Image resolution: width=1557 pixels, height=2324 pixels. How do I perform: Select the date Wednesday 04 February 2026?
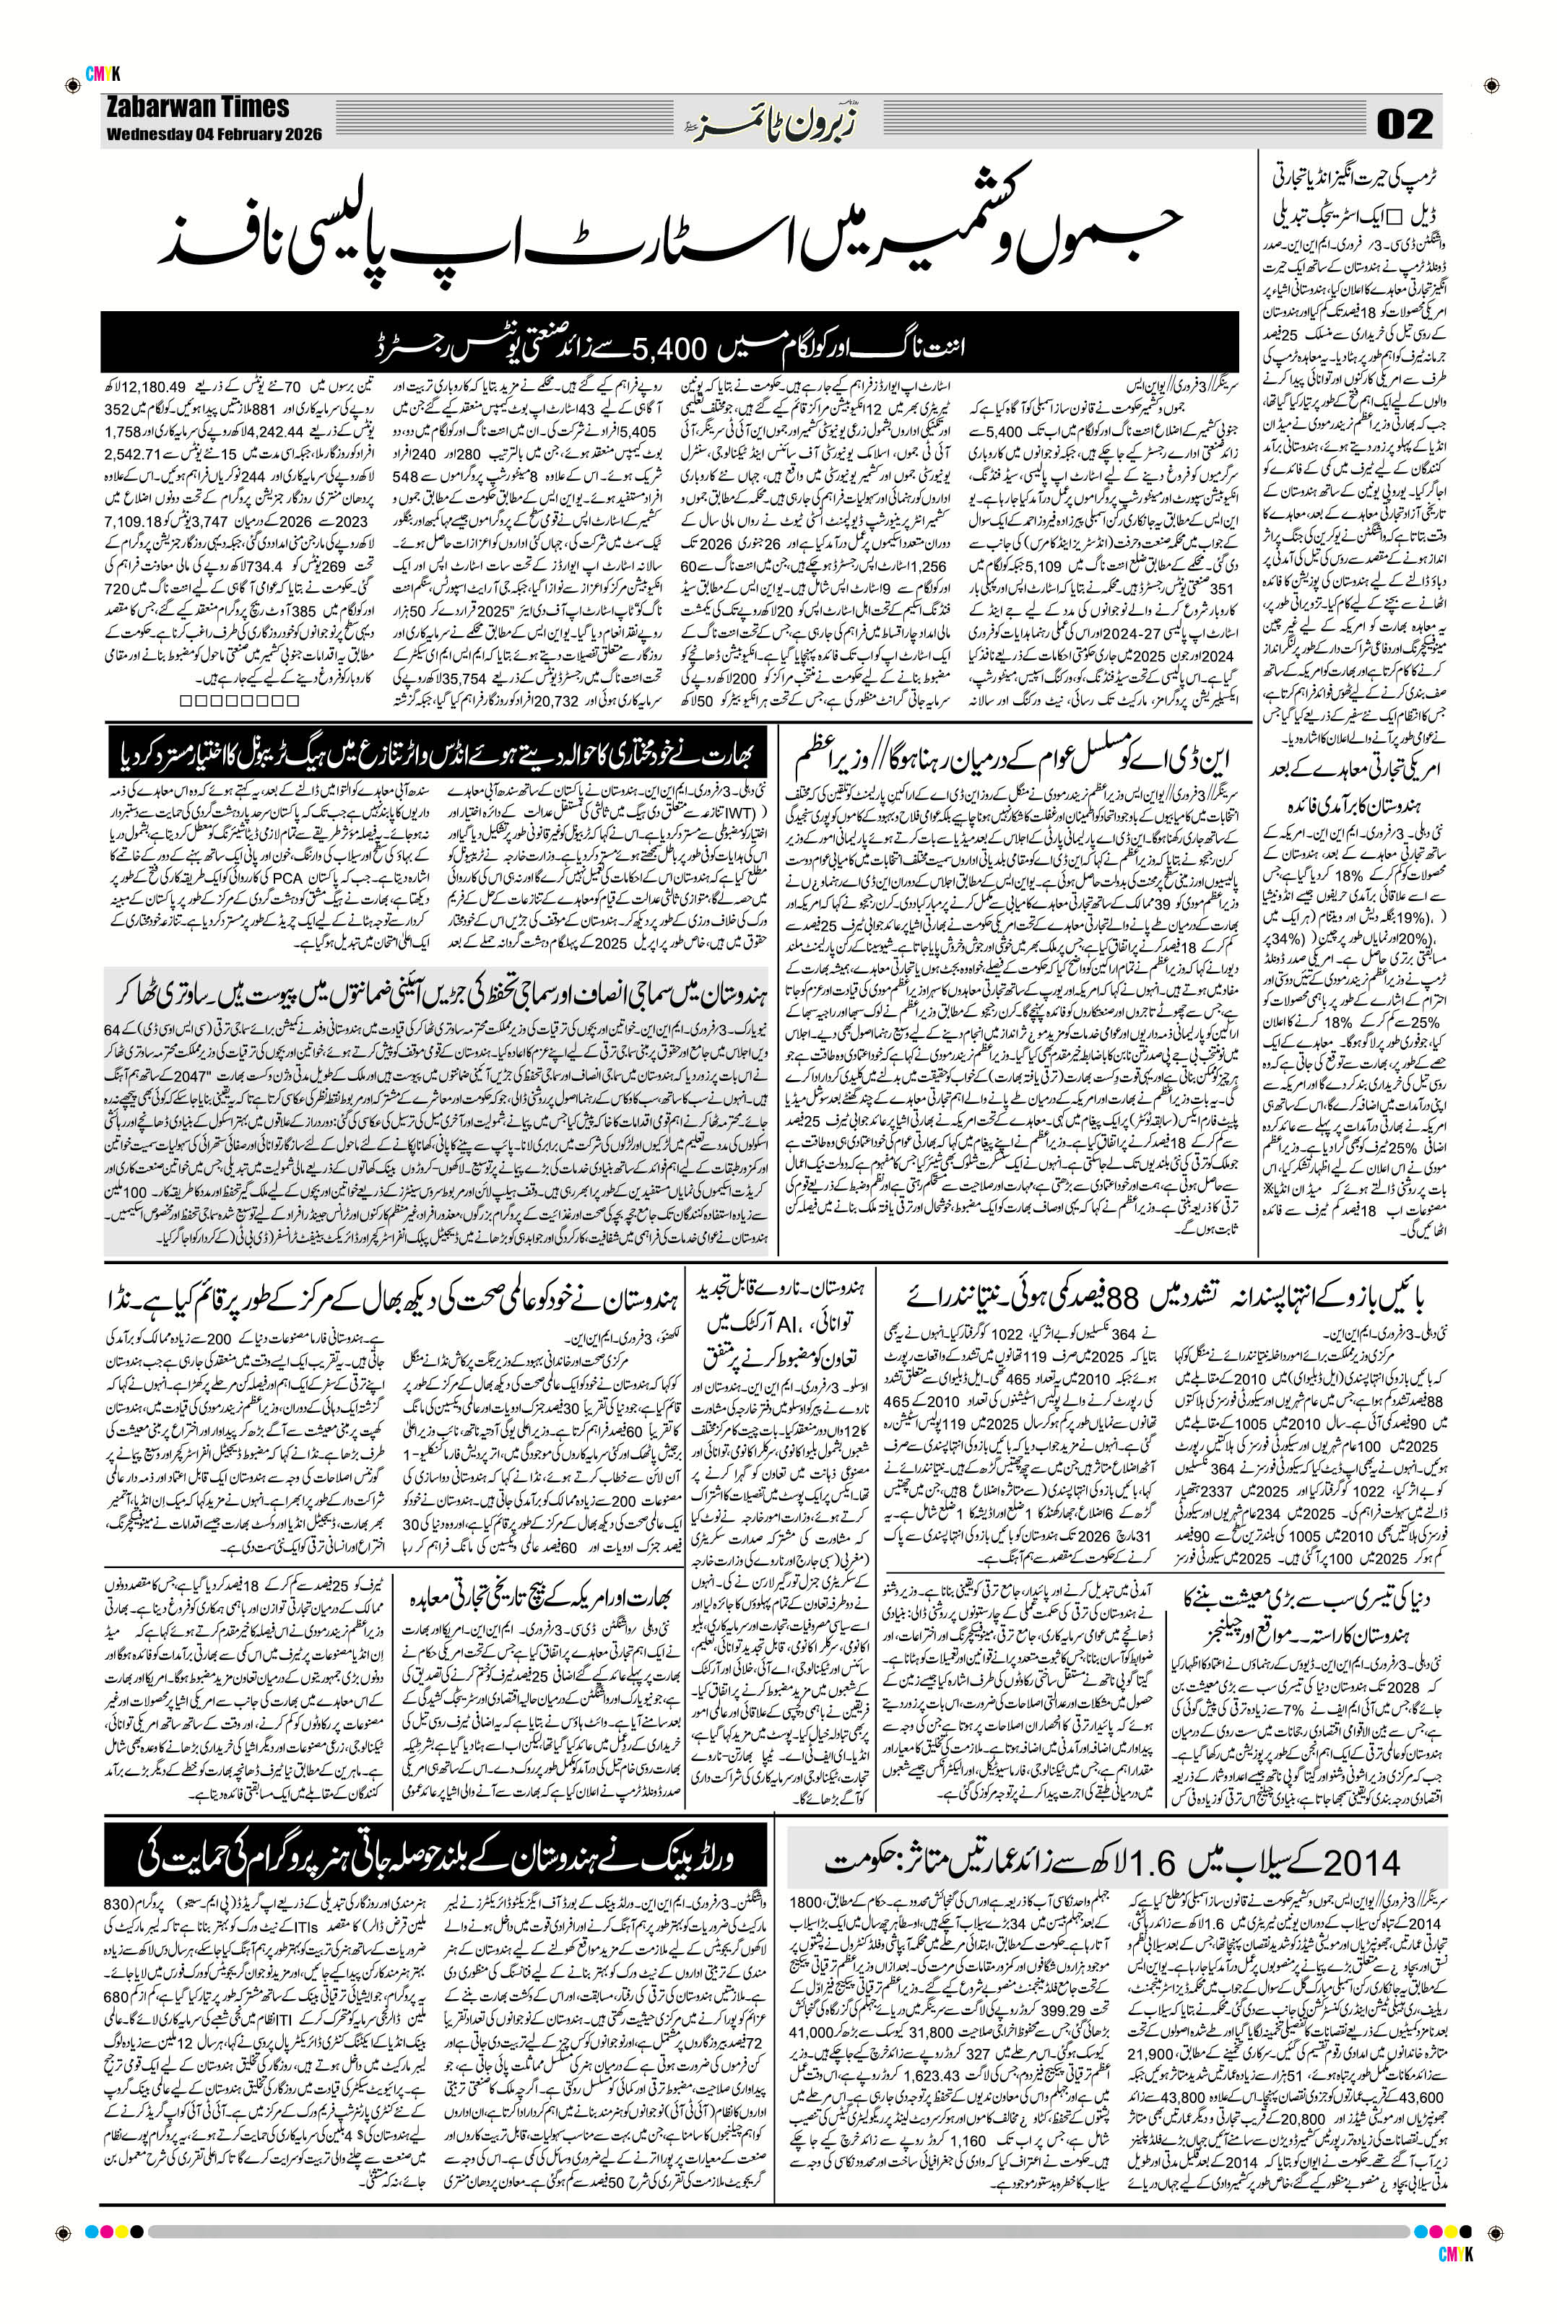[214, 136]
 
